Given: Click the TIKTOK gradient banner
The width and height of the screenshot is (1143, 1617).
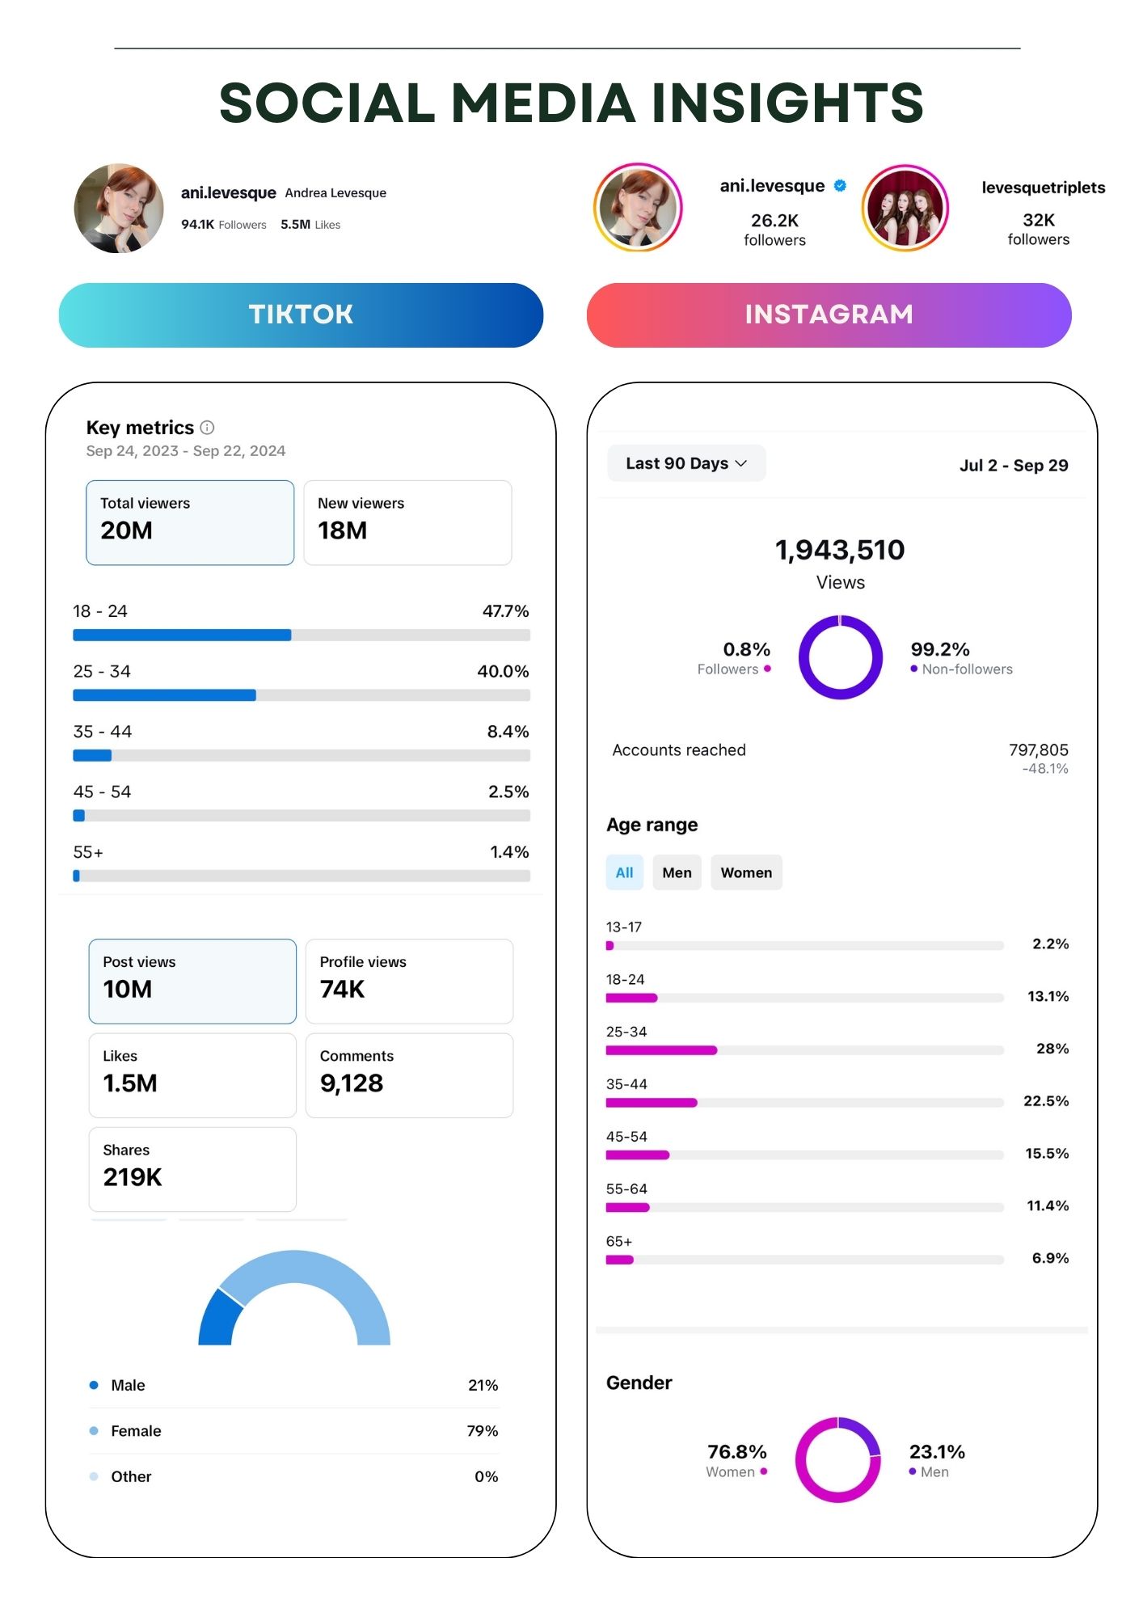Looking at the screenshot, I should [x=301, y=315].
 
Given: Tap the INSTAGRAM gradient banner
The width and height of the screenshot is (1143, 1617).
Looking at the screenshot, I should [x=829, y=315].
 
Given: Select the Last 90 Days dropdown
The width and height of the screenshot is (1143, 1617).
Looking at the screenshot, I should [x=686, y=463].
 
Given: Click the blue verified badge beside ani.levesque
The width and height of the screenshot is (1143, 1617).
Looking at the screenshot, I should [x=840, y=185].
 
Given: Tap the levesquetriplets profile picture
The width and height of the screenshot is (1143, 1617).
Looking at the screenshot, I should [x=905, y=208].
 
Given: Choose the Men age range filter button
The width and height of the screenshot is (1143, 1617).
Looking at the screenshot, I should [x=677, y=872].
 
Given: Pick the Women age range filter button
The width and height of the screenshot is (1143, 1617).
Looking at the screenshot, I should [x=746, y=872].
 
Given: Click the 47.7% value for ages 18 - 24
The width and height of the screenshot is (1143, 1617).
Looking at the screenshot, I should [x=505, y=611].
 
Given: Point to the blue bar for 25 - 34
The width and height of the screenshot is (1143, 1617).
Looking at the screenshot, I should [x=164, y=695].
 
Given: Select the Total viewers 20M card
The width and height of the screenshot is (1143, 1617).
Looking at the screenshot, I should [x=190, y=522].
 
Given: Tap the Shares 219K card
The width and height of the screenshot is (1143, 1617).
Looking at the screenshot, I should [x=192, y=1169].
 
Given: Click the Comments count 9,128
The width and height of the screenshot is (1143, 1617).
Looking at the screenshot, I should [x=352, y=1083].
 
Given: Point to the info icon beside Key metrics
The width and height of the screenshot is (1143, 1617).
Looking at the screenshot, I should [x=207, y=427].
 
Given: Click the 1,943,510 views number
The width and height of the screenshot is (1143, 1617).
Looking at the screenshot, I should [x=840, y=550].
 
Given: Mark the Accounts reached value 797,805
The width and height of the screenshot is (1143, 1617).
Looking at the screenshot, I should [x=1038, y=749].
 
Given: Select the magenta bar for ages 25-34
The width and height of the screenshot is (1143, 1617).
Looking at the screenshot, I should [x=661, y=1050].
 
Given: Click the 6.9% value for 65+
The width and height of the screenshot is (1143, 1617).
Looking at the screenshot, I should [x=1050, y=1258].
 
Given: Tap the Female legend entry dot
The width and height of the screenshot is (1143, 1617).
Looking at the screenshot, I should [x=94, y=1431].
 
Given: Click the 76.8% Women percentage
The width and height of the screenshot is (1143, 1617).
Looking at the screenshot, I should [x=736, y=1451].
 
